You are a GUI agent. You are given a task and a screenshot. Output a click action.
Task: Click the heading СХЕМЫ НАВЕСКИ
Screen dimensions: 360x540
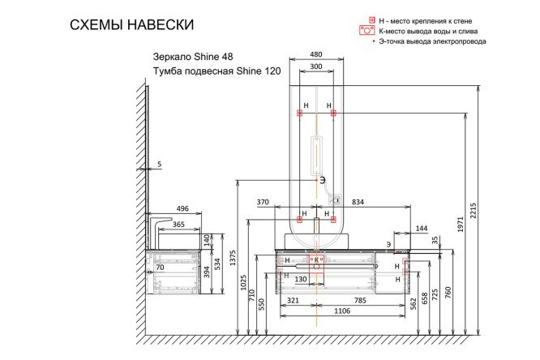coord(132,25)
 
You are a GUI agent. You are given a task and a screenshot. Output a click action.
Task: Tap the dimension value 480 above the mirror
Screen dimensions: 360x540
coord(316,55)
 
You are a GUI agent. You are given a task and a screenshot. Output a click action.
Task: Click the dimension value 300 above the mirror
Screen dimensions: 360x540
coord(316,66)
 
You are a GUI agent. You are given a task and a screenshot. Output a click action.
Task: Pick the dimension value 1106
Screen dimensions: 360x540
coord(342,311)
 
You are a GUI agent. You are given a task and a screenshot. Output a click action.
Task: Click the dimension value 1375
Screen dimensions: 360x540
coord(234,258)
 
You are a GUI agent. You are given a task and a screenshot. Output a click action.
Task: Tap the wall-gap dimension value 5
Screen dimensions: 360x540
coord(159,165)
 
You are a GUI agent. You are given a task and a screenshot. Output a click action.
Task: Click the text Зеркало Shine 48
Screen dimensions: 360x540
coord(187,58)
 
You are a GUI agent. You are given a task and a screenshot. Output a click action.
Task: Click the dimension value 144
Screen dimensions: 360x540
coord(421,229)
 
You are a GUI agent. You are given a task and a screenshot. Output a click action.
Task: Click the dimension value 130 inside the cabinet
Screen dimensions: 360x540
coord(300,279)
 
